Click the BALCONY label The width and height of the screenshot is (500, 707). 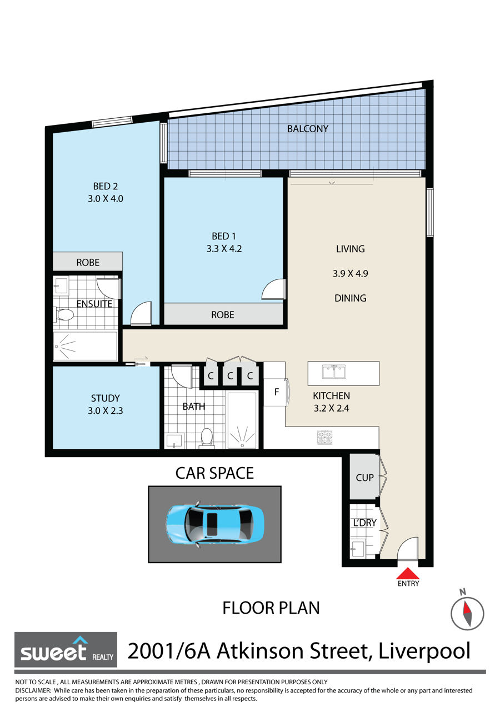point(307,129)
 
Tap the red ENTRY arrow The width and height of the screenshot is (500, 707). point(408,573)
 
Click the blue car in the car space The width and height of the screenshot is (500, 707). point(214,524)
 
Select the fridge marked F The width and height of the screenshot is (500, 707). point(276,392)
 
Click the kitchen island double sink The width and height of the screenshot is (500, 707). point(334,372)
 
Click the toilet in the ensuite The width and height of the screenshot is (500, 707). point(64,314)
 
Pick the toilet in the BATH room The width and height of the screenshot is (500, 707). point(207,438)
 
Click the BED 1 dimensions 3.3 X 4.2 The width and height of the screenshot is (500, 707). point(224,249)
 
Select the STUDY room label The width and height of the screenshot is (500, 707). point(106,398)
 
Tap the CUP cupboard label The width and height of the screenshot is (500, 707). point(364,478)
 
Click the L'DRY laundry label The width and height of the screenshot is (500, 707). point(364,523)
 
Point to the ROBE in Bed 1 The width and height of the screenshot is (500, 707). point(223,315)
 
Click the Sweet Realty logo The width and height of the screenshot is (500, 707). point(66,650)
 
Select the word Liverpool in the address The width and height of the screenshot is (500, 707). point(424,651)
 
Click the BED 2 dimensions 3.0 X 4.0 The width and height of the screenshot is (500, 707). point(106,199)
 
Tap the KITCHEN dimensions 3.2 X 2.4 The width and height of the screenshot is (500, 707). point(332,408)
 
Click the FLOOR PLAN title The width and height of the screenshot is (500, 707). point(271,608)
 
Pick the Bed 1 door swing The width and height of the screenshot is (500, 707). point(273,289)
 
